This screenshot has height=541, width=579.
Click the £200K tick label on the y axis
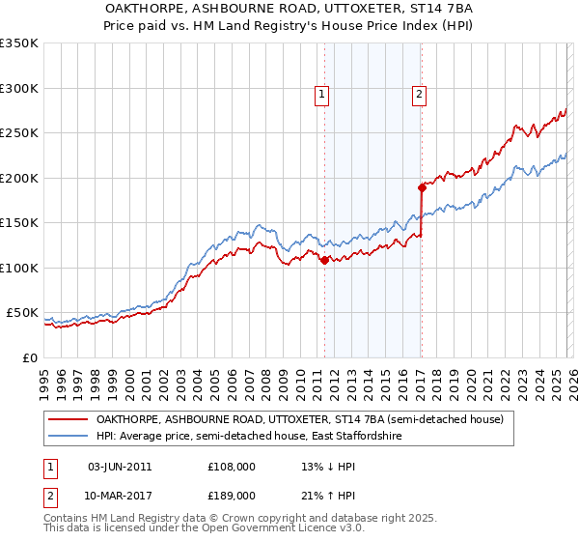coord(19,178)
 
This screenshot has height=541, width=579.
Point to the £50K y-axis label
coord(22,313)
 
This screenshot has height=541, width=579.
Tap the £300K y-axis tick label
coord(19,88)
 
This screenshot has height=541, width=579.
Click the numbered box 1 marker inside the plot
coord(320,95)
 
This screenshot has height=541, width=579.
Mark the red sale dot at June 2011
coord(324,260)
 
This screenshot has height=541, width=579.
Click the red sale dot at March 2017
coord(422,187)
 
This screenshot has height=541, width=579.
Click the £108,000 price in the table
coord(231,467)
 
